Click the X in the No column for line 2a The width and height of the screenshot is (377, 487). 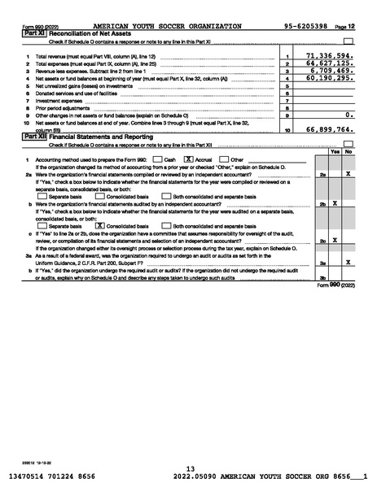point(348,174)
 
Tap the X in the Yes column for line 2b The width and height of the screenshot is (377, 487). point(335,203)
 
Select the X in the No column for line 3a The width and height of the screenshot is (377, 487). point(348,263)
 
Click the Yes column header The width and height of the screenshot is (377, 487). point(335,151)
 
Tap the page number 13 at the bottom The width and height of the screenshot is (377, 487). point(190,468)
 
